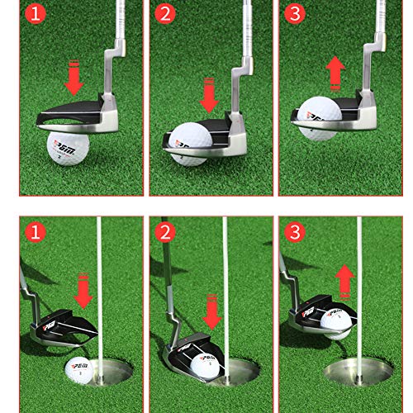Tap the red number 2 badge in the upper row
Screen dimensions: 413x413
(164, 14)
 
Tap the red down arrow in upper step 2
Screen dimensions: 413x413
(209, 93)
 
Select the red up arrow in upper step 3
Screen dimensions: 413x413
(336, 73)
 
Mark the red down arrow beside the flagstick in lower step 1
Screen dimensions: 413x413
(83, 292)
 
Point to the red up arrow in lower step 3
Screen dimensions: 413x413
(344, 278)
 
